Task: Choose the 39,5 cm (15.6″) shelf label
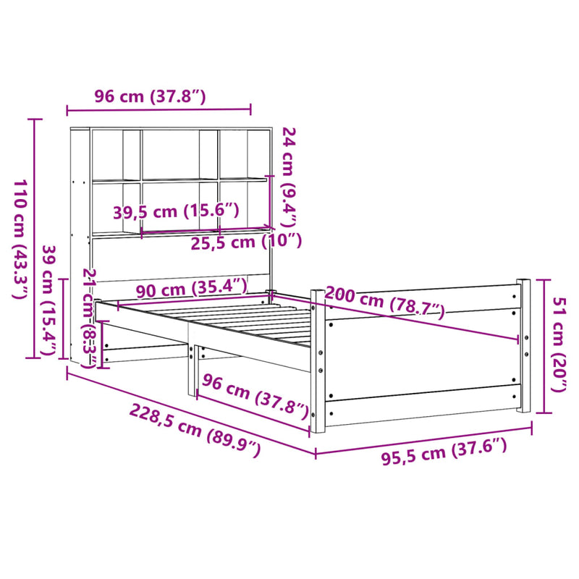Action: (x=176, y=211)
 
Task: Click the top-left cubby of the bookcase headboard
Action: (x=106, y=155)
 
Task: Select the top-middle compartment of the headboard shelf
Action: (x=180, y=154)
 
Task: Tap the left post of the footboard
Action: (x=316, y=362)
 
